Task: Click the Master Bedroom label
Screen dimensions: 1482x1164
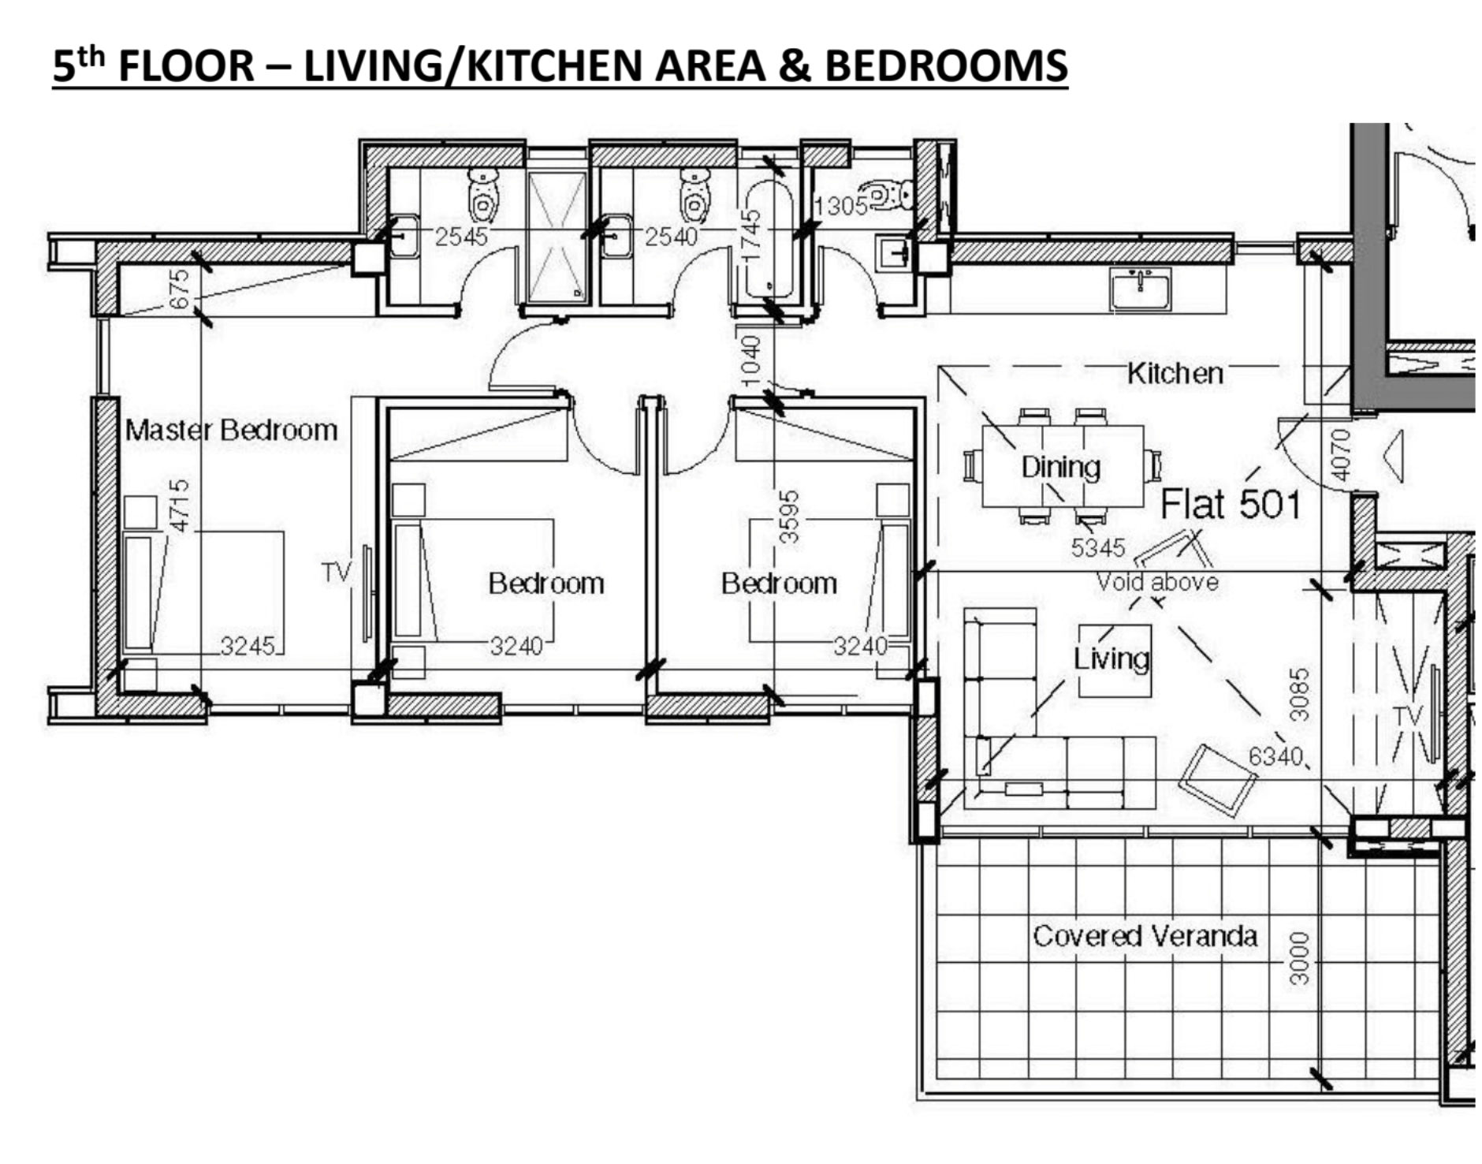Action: click(231, 431)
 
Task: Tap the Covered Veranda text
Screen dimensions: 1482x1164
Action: click(1145, 936)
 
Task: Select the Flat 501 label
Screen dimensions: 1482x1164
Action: click(1231, 504)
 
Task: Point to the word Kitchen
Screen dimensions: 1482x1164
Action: click(1175, 373)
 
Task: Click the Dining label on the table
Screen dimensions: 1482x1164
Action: click(1060, 467)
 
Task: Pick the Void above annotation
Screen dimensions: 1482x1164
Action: click(1157, 582)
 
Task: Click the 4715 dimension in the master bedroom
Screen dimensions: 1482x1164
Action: click(180, 506)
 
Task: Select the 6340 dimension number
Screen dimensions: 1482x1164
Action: click(1275, 756)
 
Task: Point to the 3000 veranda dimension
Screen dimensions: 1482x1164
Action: click(1298, 959)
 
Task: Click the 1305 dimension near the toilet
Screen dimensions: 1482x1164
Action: click(840, 207)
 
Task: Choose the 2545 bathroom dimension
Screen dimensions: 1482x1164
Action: click(461, 236)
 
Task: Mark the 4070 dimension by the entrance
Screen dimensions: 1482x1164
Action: click(1340, 455)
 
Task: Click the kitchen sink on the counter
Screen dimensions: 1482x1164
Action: click(1140, 289)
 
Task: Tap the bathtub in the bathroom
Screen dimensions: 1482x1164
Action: click(769, 240)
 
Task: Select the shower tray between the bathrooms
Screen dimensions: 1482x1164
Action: click(557, 237)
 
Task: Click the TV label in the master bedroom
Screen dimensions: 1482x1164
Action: click(337, 572)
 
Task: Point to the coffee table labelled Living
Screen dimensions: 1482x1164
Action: click(1114, 661)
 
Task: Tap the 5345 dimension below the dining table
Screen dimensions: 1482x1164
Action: click(1097, 547)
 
